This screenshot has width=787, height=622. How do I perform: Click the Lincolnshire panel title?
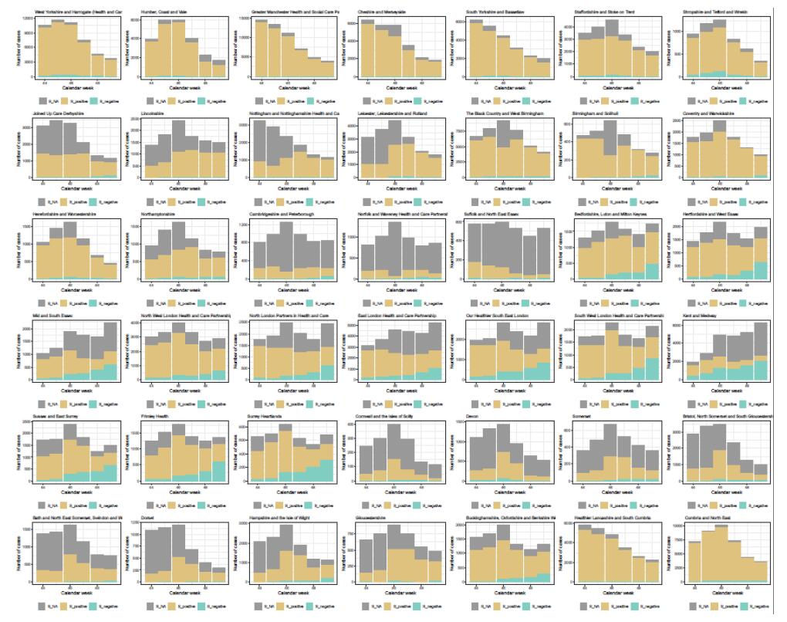point(155,113)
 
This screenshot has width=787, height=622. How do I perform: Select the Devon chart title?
point(474,417)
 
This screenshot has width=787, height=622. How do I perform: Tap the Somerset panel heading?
point(585,417)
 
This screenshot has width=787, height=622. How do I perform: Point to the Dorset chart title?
point(150,518)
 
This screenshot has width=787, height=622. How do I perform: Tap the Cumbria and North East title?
point(705,518)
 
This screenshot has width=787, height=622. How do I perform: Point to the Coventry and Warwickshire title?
point(708,113)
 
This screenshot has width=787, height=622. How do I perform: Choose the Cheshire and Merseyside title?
point(382,12)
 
